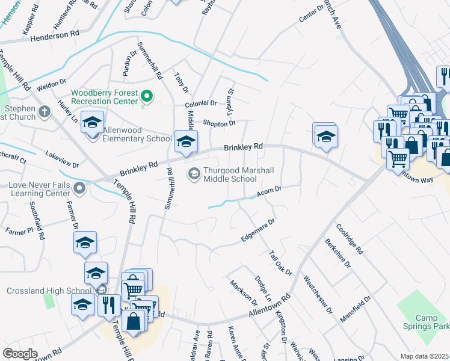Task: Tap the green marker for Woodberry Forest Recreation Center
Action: tap(146, 96)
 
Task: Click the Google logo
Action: tap(20, 354)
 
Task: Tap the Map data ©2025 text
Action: tap(424, 356)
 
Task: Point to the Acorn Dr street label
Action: tap(270, 191)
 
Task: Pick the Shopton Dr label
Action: tap(219, 123)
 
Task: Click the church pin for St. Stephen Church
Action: tap(44, 112)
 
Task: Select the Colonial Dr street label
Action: tap(200, 103)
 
